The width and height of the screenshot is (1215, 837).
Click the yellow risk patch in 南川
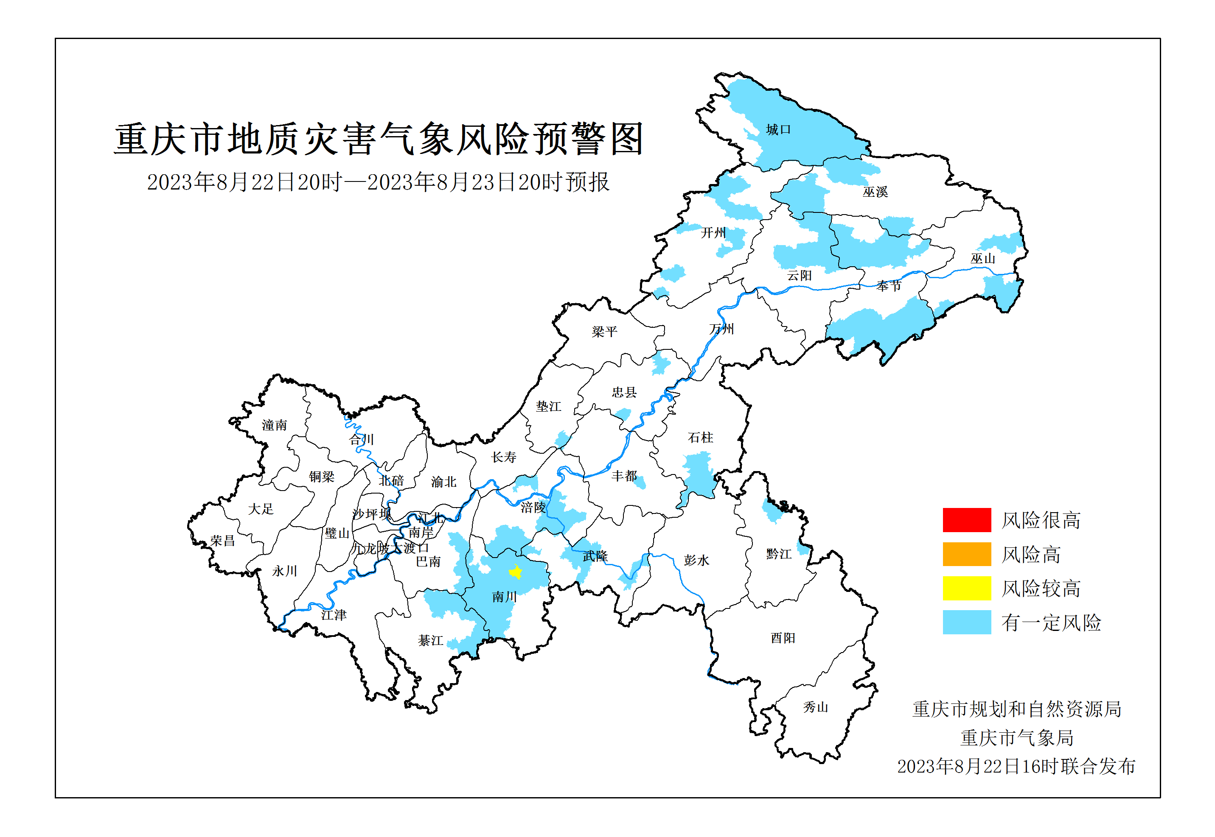pyautogui.click(x=515, y=572)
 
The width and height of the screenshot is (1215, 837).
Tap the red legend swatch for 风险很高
pyautogui.click(x=966, y=520)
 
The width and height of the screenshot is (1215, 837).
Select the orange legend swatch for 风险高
pyautogui.click(x=966, y=554)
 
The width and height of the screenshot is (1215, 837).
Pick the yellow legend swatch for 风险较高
pyautogui.click(x=966, y=588)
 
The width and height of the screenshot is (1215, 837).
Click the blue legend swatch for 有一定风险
pyautogui.click(x=966, y=622)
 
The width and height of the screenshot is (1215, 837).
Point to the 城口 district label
pyautogui.click(x=778, y=130)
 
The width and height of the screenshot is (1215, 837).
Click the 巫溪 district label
pyautogui.click(x=875, y=192)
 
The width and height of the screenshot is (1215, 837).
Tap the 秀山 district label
pyautogui.click(x=815, y=707)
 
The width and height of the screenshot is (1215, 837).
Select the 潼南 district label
pyautogui.click(x=275, y=425)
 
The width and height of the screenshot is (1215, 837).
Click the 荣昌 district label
pyautogui.click(x=222, y=540)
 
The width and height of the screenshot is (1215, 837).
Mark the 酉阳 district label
pyautogui.click(x=783, y=638)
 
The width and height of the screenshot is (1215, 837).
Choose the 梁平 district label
pyautogui.click(x=604, y=332)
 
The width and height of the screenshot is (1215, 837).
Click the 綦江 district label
pyautogui.click(x=430, y=640)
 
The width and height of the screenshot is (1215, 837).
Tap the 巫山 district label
pyautogui.click(x=982, y=258)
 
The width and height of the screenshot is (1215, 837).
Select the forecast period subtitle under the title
pyautogui.click(x=378, y=182)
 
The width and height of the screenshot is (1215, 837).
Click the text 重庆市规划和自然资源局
pyautogui.click(x=1017, y=709)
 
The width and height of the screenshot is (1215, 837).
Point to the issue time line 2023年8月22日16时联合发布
pyautogui.click(x=1016, y=766)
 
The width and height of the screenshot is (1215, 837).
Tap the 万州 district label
pyautogui.click(x=721, y=329)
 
